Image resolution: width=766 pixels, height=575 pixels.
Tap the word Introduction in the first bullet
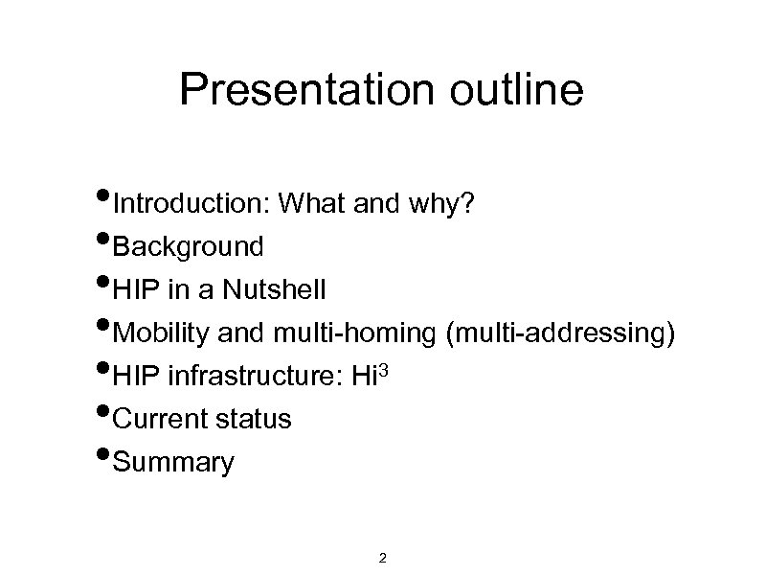(x=190, y=204)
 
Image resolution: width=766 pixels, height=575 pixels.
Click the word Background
(x=188, y=247)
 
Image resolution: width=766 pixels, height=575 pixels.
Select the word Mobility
(x=161, y=333)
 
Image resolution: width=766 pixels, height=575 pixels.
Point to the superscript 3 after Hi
(x=386, y=370)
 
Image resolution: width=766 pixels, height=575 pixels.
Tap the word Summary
(x=173, y=463)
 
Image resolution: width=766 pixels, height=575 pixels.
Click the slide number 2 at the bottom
(x=383, y=558)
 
